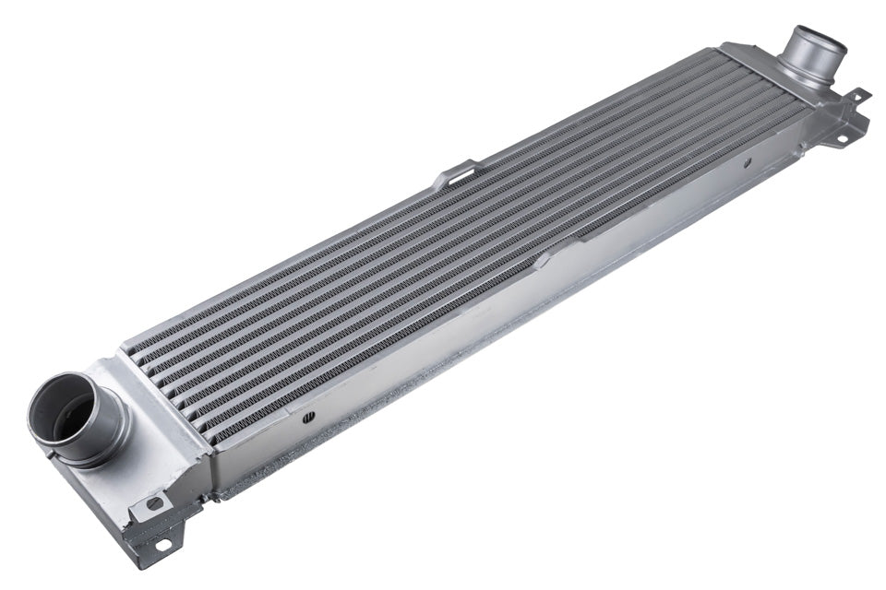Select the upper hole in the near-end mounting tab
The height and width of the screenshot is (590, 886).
153,504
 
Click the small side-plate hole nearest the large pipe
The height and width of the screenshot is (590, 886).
308,416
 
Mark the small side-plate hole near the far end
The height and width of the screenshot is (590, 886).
747,163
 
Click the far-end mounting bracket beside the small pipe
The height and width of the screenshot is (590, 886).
844,115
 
